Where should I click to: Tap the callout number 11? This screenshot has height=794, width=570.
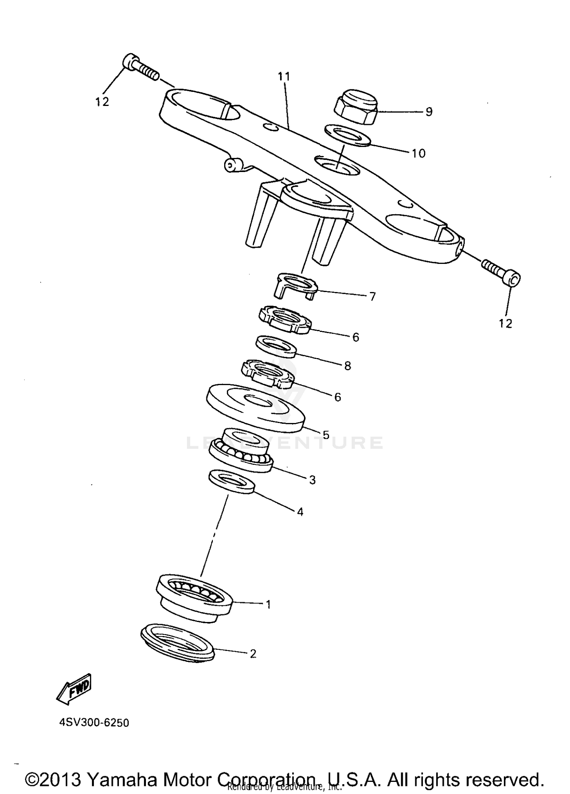coord(283,77)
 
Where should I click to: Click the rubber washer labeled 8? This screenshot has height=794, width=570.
coord(275,346)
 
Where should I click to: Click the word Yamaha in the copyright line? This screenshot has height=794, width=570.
coord(122,780)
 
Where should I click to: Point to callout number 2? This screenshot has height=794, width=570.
coord(253,654)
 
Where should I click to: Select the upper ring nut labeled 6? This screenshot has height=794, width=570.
coord(285,320)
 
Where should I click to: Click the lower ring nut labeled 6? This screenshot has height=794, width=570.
coord(268,374)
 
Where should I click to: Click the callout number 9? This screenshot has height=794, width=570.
coord(429,112)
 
